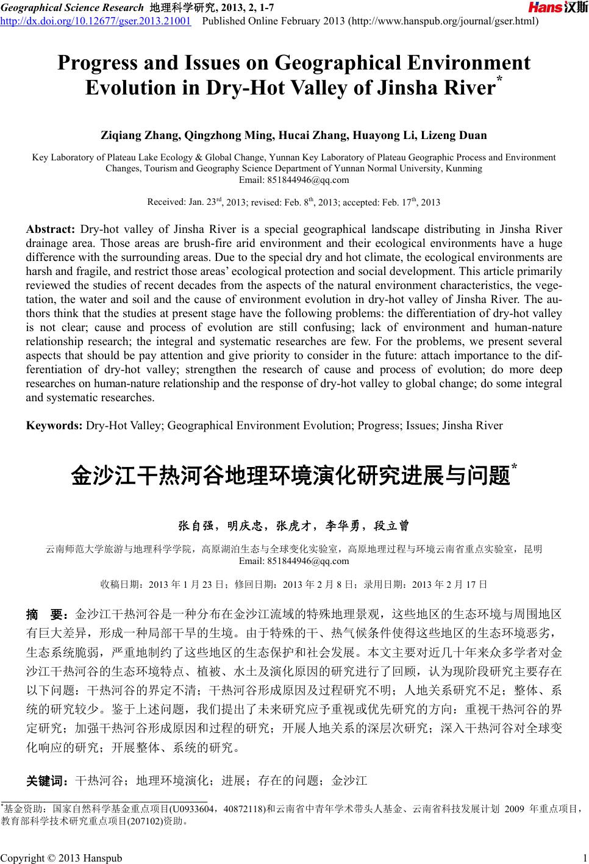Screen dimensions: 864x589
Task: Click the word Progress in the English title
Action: [x=101, y=63]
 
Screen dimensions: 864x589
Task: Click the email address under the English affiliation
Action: [x=294, y=179]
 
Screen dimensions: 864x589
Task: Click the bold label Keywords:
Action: [x=54, y=426]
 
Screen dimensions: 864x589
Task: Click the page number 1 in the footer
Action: [x=584, y=858]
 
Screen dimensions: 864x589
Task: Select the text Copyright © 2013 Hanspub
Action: [x=61, y=858]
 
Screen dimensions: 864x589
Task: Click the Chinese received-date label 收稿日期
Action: [x=121, y=584]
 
